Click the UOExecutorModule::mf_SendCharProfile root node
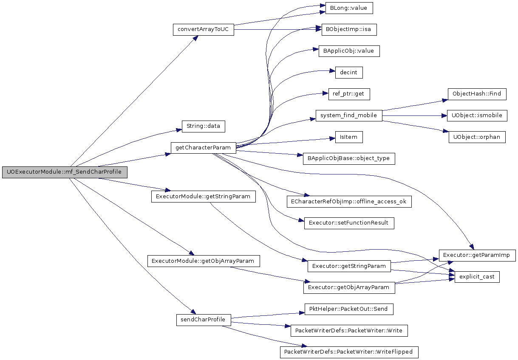(65, 172)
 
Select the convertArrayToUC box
(204, 30)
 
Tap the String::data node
(204, 127)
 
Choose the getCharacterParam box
(204, 148)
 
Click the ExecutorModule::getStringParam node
(204, 197)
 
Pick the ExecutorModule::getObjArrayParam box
(204, 261)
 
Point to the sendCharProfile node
(204, 320)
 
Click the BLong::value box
(349, 8)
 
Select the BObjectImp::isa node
(349, 30)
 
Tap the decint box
(349, 73)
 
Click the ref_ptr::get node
(349, 94)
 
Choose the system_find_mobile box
(349, 115)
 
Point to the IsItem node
(349, 137)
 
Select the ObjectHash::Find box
(477, 94)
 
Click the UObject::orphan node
(477, 137)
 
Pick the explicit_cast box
(477, 277)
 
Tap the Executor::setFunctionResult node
(349, 223)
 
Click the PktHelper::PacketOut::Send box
(349, 309)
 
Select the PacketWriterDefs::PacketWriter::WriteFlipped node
(349, 352)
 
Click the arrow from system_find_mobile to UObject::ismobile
(415, 116)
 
